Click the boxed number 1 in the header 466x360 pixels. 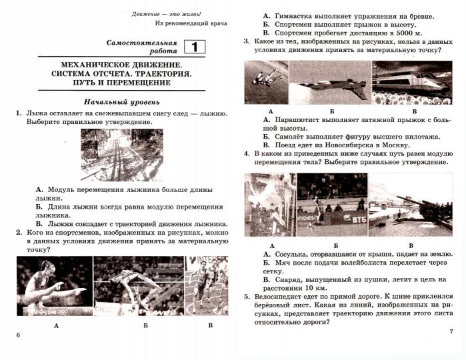195,47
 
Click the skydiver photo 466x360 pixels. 266,83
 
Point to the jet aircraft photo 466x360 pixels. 329,83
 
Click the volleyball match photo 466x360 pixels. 331,205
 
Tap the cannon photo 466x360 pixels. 410,205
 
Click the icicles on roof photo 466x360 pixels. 270,205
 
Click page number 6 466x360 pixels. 18,335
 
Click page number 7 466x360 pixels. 451,331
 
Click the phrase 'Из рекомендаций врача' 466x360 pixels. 191,23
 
